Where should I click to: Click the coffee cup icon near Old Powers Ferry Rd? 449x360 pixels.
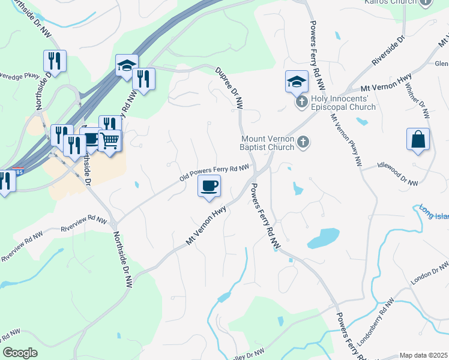click(209, 185)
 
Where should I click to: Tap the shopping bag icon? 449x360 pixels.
click(418, 140)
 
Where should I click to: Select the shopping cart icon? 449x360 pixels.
click(110, 142)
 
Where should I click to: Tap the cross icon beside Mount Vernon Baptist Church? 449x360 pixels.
click(304, 142)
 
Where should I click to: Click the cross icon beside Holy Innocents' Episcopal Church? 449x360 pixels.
click(301, 101)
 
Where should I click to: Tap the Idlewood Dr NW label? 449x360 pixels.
click(397, 172)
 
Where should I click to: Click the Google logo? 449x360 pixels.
click(20, 353)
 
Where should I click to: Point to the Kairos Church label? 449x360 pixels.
click(390, 2)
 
